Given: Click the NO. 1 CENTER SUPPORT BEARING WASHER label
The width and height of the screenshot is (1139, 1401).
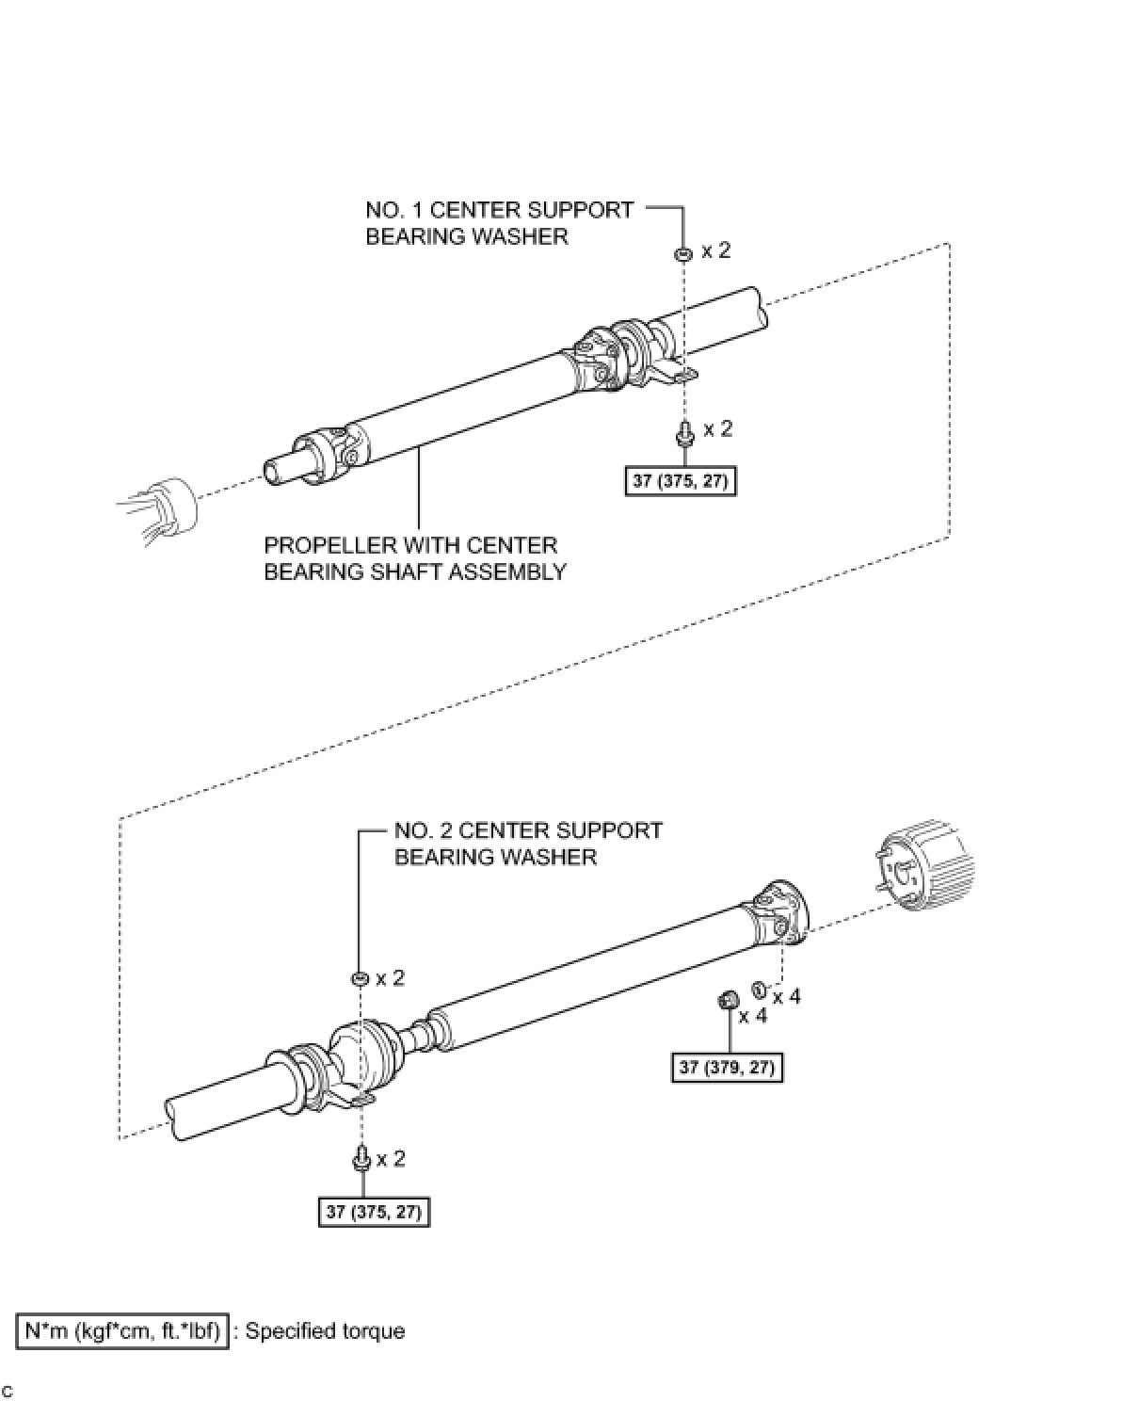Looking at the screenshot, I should click(499, 223).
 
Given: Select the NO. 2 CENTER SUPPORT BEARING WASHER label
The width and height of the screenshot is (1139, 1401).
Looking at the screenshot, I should click(528, 844).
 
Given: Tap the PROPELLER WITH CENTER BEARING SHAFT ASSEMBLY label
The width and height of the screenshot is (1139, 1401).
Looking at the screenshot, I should click(414, 558).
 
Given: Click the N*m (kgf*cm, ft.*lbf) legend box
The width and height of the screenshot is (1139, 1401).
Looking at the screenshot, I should click(122, 1331).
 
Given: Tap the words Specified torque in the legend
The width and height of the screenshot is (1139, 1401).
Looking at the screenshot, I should click(325, 1331).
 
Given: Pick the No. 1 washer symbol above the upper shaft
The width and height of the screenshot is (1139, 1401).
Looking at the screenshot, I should click(682, 253).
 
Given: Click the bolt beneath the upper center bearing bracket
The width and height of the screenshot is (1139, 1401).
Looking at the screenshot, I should click(683, 434).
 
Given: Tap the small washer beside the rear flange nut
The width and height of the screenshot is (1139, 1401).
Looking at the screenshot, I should click(759, 989).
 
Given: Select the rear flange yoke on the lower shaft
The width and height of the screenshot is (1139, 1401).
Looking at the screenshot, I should click(778, 912).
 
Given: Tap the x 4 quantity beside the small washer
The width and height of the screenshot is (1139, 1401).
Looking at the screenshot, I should click(787, 996).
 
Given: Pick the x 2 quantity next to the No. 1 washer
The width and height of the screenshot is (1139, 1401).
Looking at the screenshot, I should click(716, 250).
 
